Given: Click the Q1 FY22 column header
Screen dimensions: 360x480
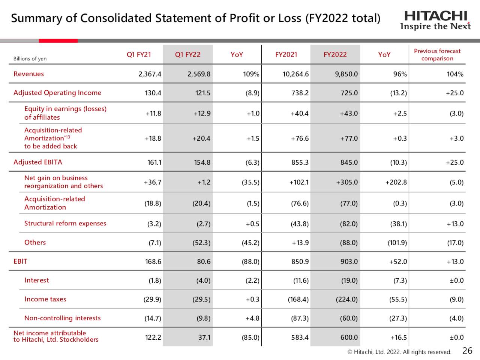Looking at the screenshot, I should (187, 55).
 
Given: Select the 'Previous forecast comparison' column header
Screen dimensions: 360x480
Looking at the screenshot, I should (437, 55).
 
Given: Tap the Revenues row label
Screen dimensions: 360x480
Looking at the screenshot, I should (28, 74).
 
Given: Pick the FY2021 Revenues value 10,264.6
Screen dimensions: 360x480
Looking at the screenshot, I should (295, 74).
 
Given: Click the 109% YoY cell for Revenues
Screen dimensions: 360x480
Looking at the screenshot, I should (251, 74).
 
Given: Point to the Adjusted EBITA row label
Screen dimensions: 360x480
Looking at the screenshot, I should (37, 162).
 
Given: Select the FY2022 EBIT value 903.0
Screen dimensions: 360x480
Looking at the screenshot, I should (349, 262).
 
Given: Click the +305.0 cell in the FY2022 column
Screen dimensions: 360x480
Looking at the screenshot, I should (346, 182).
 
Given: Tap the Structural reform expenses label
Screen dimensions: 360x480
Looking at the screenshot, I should (65, 223).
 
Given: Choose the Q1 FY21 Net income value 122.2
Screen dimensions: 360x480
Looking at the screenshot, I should (153, 337).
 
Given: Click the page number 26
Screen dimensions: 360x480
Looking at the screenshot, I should (467, 351).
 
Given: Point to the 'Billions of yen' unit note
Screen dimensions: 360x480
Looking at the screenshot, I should (30, 59).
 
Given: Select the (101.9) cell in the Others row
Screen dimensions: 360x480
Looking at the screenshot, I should (397, 243).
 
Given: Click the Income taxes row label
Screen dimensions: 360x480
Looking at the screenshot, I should (45, 299).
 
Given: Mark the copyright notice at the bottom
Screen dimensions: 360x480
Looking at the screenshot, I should (399, 352).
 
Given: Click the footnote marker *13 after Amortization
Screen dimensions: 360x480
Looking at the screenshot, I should (67, 137).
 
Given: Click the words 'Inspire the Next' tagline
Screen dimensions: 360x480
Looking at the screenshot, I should (435, 27).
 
